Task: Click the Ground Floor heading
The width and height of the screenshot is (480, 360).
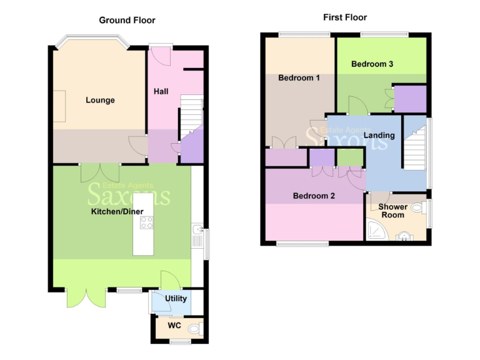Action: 127,20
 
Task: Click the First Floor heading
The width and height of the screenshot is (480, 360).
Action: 345,17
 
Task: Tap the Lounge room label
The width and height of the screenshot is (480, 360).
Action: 100,100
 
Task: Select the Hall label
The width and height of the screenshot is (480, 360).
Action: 161,92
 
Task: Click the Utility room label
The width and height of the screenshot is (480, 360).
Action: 176,299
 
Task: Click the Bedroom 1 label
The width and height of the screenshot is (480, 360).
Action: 299,78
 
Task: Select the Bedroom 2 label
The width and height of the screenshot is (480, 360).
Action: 314,196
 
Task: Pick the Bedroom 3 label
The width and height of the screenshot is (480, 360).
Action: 372,64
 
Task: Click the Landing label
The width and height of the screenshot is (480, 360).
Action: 379,135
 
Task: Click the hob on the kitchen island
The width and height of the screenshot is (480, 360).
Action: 146,223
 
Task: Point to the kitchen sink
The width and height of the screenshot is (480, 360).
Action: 197,236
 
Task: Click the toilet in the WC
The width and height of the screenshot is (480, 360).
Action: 194,327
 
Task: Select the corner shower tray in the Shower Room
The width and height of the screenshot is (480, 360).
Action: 377,232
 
